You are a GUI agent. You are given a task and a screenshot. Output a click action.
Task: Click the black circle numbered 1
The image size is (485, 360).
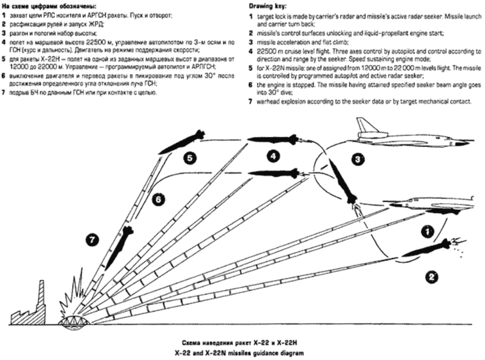point(425,230)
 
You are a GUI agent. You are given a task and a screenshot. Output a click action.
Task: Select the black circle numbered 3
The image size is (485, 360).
point(358,159)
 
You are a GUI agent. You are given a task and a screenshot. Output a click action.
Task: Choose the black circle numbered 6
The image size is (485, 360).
point(158,198)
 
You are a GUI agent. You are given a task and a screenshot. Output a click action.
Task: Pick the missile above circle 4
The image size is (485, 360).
point(273,138)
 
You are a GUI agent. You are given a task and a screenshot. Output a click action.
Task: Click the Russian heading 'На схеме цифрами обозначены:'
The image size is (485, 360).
point(45,5)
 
